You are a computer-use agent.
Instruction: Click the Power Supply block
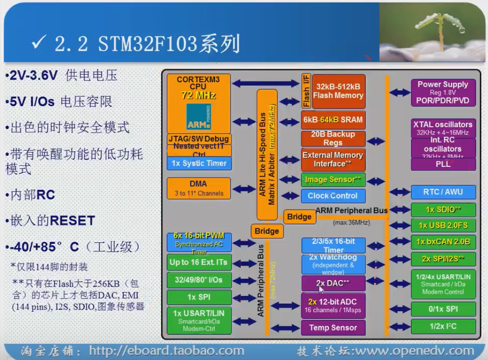[x=443, y=92]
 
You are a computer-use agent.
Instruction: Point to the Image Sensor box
[x=333, y=180]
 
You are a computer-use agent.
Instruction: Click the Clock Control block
[x=333, y=196]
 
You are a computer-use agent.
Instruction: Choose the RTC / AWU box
[x=443, y=192]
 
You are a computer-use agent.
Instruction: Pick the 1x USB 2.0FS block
[x=443, y=225]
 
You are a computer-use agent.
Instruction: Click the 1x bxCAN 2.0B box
[x=443, y=242]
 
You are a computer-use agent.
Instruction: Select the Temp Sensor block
[x=333, y=327]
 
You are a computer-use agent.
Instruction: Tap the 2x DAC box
[x=333, y=283]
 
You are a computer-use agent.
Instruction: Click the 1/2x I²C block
[x=443, y=326]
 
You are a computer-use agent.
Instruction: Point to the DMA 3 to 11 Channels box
[x=198, y=188]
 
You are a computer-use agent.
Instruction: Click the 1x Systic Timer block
[x=198, y=164]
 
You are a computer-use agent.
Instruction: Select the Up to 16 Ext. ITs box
[x=198, y=262]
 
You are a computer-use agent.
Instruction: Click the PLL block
[x=443, y=164]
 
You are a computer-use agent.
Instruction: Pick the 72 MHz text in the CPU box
[x=198, y=95]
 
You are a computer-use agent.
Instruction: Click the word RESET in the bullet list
[x=72, y=221]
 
